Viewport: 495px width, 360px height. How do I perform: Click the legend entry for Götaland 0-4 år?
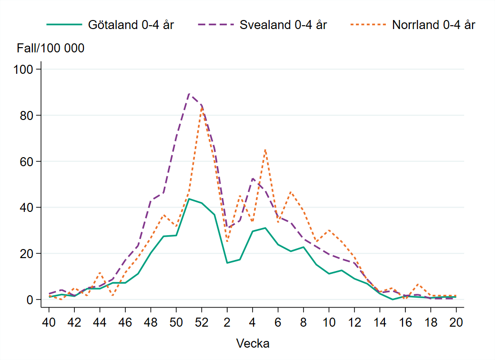(131, 25)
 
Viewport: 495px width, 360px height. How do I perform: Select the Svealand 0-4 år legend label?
(283, 25)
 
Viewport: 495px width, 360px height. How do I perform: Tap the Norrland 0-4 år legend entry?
(434, 25)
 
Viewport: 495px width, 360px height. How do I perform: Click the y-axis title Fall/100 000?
(51, 48)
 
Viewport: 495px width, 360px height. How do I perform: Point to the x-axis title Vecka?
(253, 343)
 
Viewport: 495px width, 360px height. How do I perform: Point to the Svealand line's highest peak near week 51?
(189, 93)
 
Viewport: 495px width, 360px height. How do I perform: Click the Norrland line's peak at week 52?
(202, 107)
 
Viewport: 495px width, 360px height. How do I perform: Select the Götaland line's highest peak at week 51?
(189, 199)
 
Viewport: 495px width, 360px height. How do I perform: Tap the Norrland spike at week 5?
(265, 150)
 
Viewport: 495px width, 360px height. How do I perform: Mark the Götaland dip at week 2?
(227, 263)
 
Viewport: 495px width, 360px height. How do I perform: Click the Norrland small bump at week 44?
(100, 272)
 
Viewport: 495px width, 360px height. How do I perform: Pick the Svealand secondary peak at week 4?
(253, 179)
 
